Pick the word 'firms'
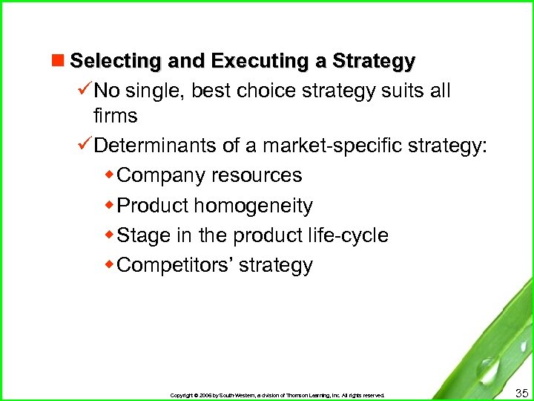[115, 116]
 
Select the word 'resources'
[257, 176]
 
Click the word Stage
[144, 235]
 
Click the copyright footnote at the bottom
[277, 395]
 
